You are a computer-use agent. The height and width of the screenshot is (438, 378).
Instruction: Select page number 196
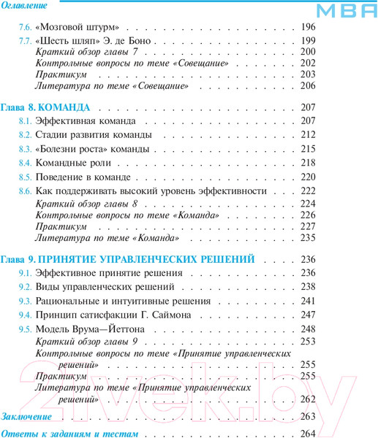307,27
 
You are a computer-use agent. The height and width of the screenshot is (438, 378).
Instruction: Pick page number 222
307,191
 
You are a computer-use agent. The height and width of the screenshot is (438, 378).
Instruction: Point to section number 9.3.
25,301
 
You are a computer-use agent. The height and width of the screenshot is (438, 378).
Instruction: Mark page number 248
307,329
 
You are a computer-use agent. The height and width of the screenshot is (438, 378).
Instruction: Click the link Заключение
26,417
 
